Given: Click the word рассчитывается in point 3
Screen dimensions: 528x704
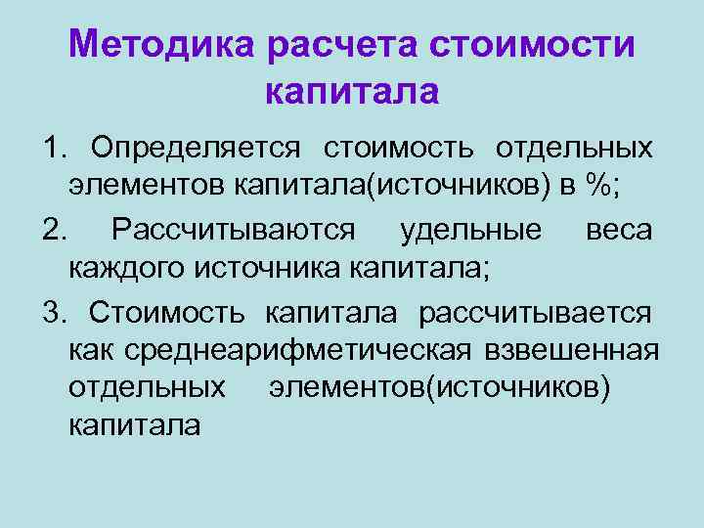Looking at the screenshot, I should pos(535,312).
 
